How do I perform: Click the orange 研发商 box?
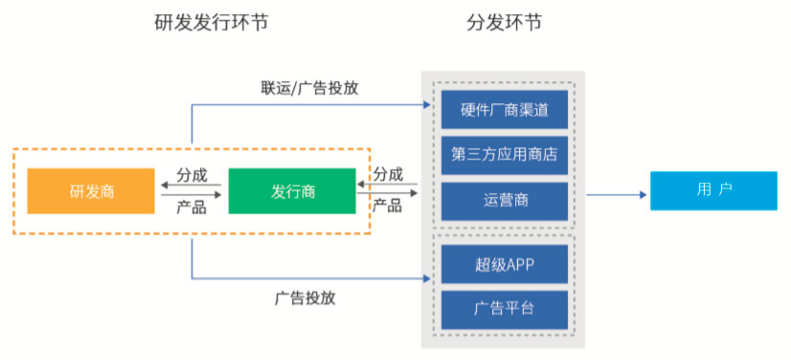pyautogui.click(x=92, y=191)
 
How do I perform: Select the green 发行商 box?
pyautogui.click(x=292, y=191)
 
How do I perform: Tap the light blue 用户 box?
pyautogui.click(x=713, y=191)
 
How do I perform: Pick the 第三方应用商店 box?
pyautogui.click(x=504, y=155)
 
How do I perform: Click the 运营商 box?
pyautogui.click(x=504, y=201)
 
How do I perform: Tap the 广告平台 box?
pyautogui.click(x=504, y=308)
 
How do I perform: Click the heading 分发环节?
pyautogui.click(x=504, y=22)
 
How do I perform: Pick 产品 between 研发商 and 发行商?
pyautogui.click(x=192, y=206)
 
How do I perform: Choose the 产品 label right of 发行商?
pyautogui.click(x=388, y=206)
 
